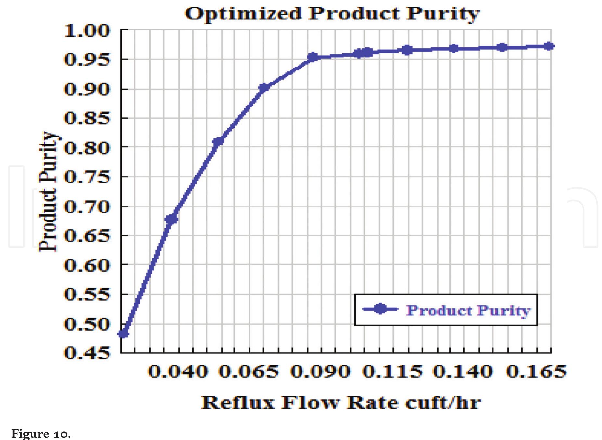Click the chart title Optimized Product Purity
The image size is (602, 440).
[332, 14]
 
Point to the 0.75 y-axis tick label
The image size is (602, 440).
[87, 177]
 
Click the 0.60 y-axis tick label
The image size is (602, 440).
[87, 265]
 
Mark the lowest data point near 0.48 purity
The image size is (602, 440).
[123, 333]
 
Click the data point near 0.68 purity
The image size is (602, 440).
[172, 219]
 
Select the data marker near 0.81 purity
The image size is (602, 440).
[218, 142]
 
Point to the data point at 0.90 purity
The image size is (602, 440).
[264, 88]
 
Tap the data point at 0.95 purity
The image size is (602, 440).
[313, 57]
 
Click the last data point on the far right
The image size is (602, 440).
[549, 46]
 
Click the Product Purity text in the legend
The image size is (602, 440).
[468, 310]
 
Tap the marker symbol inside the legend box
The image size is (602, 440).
[379, 309]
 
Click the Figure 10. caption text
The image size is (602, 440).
[41, 434]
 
